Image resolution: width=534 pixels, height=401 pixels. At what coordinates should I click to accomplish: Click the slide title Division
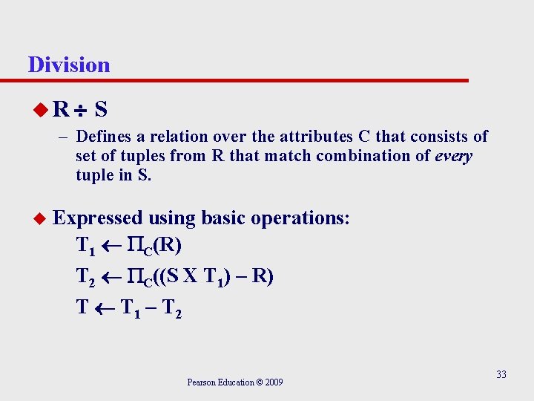point(69,65)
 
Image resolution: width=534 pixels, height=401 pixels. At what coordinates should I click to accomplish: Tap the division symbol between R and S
point(82,111)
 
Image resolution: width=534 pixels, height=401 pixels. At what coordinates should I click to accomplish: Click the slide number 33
point(501,374)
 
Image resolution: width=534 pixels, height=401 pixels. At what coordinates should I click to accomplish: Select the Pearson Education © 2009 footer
point(234,382)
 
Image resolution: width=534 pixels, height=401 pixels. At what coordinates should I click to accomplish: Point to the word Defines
point(104,137)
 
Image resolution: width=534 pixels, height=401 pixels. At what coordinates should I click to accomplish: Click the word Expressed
point(99,218)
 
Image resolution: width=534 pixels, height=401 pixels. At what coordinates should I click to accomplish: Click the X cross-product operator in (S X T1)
point(191,276)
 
